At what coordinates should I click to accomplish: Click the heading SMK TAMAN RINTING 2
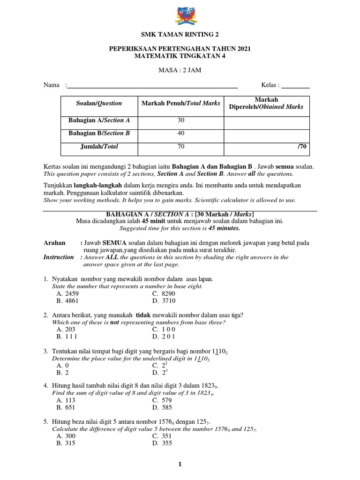pos(180,34)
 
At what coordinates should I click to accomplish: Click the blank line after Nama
pos(152,85)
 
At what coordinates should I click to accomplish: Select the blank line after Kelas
pos(295,85)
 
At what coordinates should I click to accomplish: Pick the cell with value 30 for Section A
pos(180,120)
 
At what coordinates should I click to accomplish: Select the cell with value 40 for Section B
pos(180,134)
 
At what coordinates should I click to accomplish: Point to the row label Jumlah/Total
pos(99,147)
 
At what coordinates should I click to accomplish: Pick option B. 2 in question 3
pos(63,373)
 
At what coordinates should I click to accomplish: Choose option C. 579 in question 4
pos(163,400)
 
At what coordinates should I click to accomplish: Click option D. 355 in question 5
pos(163,443)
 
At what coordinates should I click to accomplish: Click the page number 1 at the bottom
pos(179,465)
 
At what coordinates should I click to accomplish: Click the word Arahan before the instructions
pos(55,243)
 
